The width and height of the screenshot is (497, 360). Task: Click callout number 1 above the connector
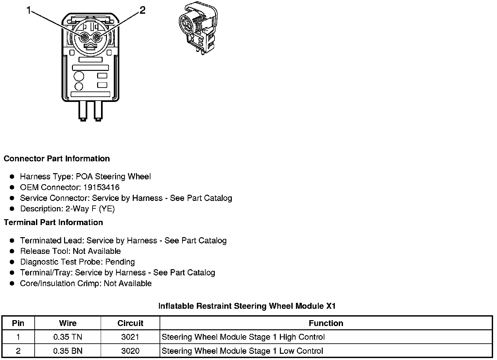pyautogui.click(x=29, y=11)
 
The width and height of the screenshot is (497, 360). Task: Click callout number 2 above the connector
pyautogui.click(x=142, y=10)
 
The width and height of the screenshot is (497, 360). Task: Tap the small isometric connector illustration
pyautogui.click(x=197, y=28)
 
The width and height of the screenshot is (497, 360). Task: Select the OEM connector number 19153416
pyautogui.click(x=101, y=187)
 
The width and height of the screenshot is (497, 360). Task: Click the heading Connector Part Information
pyautogui.click(x=57, y=159)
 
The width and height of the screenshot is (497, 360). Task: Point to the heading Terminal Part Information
pyautogui.click(x=53, y=222)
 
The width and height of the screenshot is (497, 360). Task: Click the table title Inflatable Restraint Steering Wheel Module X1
pyautogui.click(x=247, y=306)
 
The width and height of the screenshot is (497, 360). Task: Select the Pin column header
pyautogui.click(x=18, y=323)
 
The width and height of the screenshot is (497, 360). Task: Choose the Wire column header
pyautogui.click(x=68, y=323)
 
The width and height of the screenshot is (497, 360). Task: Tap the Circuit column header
pyautogui.click(x=130, y=323)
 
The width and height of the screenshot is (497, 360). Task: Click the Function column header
pyautogui.click(x=326, y=323)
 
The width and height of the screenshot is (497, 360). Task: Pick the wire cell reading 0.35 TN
pyautogui.click(x=68, y=337)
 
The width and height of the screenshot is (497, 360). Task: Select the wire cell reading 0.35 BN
pyautogui.click(x=68, y=351)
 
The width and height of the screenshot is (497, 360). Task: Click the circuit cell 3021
pyautogui.click(x=130, y=337)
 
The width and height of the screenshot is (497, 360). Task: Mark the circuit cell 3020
pyautogui.click(x=130, y=351)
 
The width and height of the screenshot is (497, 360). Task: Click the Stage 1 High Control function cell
pyautogui.click(x=243, y=337)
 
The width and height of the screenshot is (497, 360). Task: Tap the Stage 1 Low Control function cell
pyautogui.click(x=242, y=351)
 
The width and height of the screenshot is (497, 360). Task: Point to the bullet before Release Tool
pyautogui.click(x=12, y=251)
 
